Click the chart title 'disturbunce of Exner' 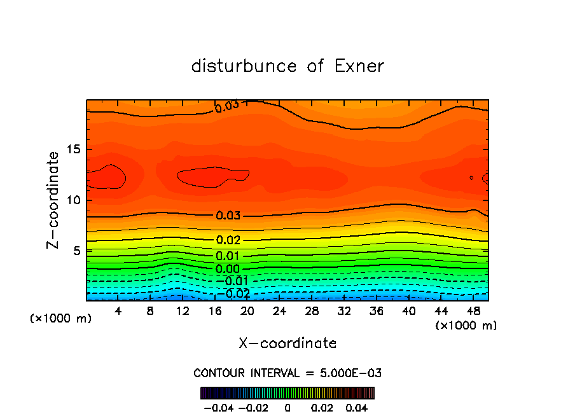[287, 66]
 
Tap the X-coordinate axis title [287, 343]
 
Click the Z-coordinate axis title [54, 200]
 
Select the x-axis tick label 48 [473, 311]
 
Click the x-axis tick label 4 [118, 311]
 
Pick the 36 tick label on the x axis [376, 311]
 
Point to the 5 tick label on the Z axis [76, 251]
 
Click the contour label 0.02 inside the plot [228, 240]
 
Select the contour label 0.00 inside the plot [228, 269]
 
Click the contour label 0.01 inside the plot [228, 256]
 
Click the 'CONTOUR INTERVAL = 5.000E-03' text [287, 373]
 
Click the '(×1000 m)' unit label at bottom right [466, 326]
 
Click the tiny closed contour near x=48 [471, 178]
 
